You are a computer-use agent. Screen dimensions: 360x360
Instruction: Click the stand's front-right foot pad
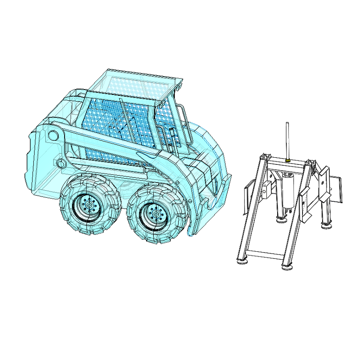pos(288,267)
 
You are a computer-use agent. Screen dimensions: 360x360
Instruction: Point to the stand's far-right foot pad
pos(327,225)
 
